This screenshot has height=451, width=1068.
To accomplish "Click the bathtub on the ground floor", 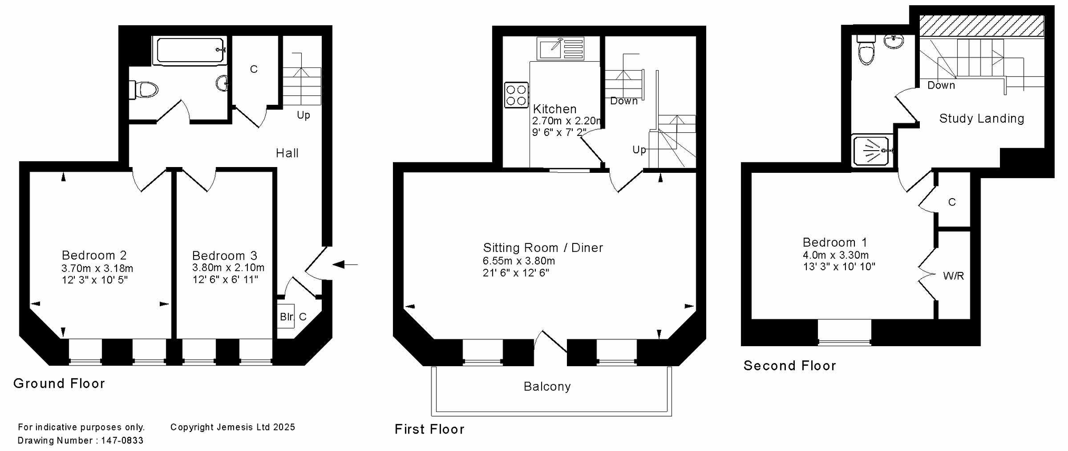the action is point(190,51).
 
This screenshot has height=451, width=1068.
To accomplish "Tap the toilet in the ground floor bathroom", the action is point(144,90).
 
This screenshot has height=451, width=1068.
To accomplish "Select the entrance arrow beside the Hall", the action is point(345,264).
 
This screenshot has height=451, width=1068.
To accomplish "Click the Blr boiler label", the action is point(286,317).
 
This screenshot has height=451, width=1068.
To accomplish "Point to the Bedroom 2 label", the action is point(94,256).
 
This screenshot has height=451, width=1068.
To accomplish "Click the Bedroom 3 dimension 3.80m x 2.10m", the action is point(228,268).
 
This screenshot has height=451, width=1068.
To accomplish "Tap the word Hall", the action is point(287,153).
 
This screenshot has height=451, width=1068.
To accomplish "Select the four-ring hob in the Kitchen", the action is point(516,95).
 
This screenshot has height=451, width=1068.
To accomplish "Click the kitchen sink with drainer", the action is point(561,48).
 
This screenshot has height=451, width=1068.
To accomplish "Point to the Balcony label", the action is point(547,387).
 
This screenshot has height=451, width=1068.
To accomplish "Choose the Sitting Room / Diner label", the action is point(543,248).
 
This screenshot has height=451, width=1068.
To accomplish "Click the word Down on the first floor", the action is point(624,101).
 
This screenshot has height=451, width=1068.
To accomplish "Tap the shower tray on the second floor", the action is point(873,151).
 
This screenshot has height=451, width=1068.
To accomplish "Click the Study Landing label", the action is point(982,119).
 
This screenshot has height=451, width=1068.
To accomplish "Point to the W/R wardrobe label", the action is point(954,276).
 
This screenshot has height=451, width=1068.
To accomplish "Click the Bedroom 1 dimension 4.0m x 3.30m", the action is point(836,255).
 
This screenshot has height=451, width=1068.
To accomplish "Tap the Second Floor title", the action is point(790,366).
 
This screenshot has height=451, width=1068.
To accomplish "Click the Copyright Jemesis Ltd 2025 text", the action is point(233,427).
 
